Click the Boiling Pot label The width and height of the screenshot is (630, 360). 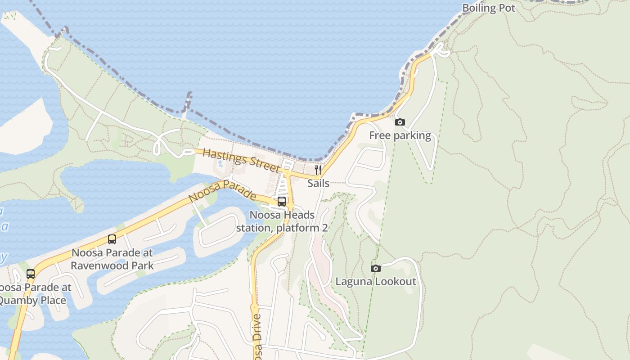click(x=489, y=8)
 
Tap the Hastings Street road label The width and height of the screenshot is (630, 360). click(x=241, y=160)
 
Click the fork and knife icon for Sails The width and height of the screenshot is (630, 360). click(x=318, y=170)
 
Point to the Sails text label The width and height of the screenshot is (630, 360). click(x=319, y=183)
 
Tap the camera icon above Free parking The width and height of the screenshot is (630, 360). click(x=400, y=122)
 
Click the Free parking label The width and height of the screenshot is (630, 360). click(x=400, y=135)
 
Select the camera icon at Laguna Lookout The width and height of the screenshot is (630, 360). click(x=375, y=268)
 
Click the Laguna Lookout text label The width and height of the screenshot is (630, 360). click(x=376, y=282)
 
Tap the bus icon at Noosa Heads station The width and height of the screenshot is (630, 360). click(x=282, y=201)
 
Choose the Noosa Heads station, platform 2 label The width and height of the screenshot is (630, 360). click(x=282, y=221)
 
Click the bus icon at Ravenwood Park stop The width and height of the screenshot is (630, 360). click(x=112, y=239)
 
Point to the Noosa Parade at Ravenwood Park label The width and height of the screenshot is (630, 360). click(x=112, y=259)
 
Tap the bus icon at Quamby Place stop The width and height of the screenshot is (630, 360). click(x=31, y=274)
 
